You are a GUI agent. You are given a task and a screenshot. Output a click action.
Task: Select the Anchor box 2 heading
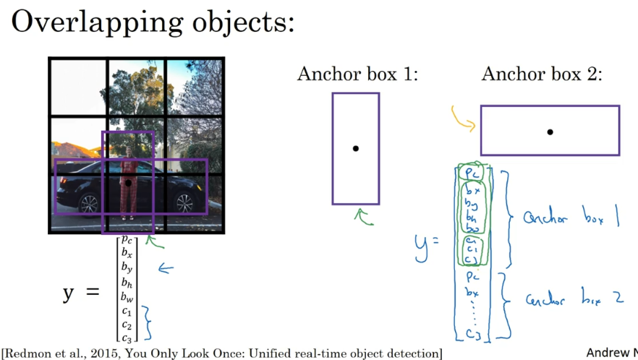(542, 75)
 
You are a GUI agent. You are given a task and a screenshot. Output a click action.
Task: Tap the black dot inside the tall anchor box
(355, 148)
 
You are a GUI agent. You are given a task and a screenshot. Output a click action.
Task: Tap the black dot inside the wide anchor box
(550, 132)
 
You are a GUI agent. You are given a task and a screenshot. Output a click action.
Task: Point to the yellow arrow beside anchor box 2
(462, 119)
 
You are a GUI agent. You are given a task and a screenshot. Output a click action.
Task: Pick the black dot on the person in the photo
(128, 183)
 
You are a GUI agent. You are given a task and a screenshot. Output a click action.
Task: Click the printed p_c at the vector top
(126, 239)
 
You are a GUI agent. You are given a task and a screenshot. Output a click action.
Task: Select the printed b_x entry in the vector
(126, 253)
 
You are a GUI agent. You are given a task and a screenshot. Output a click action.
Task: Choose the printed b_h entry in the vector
(126, 283)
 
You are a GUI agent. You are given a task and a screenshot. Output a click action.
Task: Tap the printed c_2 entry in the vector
(126, 323)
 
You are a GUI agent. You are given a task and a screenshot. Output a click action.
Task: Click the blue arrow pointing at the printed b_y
(166, 269)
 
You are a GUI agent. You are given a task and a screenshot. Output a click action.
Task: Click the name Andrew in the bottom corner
(607, 353)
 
